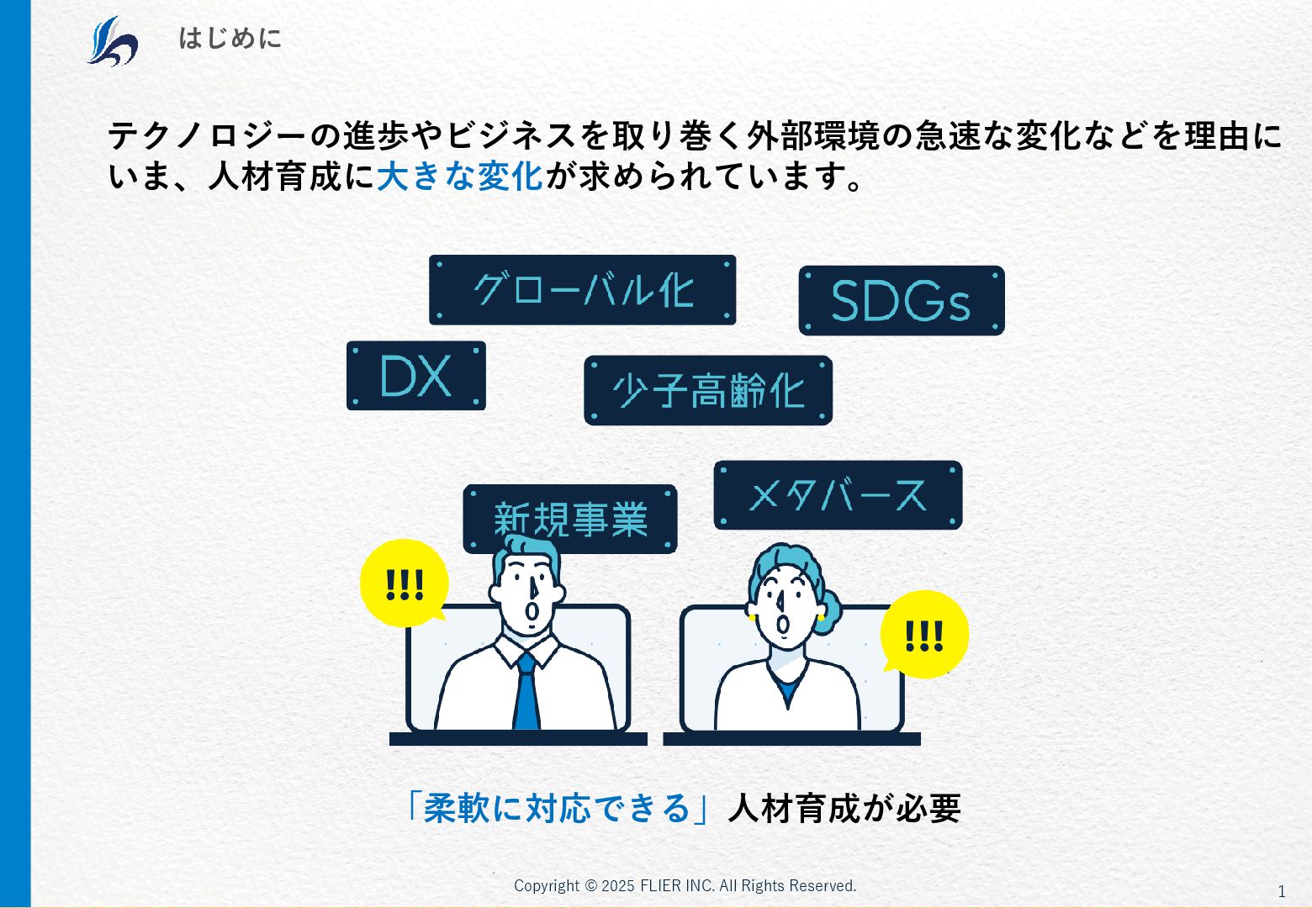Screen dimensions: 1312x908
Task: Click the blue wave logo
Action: click(112, 40)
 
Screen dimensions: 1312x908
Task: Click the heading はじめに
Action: click(230, 39)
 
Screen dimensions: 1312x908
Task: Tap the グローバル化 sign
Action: click(582, 290)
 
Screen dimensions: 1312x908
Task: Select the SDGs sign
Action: click(901, 301)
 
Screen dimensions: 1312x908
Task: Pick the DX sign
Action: click(415, 376)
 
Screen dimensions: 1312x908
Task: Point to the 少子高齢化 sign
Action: click(707, 391)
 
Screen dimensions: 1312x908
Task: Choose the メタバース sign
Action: click(838, 495)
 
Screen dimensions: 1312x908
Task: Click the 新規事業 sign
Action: click(569, 518)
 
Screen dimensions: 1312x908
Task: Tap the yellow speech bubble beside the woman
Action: click(923, 636)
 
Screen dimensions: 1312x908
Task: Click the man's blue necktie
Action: click(526, 694)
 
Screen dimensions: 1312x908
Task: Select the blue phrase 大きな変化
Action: click(460, 177)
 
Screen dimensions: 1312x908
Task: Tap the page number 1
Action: click(1282, 891)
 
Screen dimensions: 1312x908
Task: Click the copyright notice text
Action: click(685, 885)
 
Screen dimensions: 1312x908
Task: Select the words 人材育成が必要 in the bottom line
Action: click(844, 808)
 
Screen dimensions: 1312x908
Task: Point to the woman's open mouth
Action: click(784, 625)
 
